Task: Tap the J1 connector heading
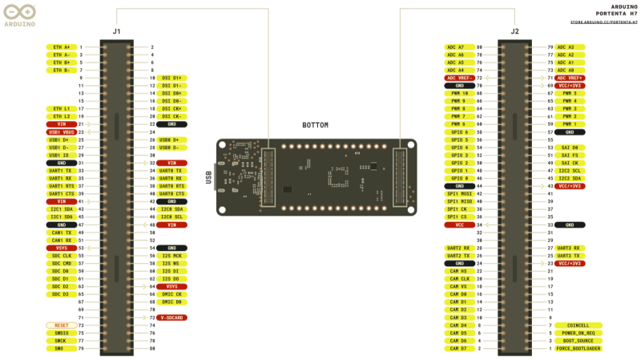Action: (x=116, y=31)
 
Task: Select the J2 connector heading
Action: (x=514, y=31)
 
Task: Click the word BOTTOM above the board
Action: (x=315, y=125)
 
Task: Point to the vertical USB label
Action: (x=208, y=177)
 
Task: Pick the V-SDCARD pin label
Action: (x=172, y=318)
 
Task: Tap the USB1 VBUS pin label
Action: (x=61, y=131)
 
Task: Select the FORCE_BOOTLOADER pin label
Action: (x=578, y=349)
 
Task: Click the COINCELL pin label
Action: (x=578, y=326)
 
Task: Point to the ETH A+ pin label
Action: (x=61, y=47)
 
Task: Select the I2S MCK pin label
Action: (x=171, y=256)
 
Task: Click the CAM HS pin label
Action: (x=459, y=271)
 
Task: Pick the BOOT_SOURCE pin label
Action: (x=578, y=341)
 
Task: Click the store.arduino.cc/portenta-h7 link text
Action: (x=604, y=22)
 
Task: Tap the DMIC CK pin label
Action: (x=171, y=294)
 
